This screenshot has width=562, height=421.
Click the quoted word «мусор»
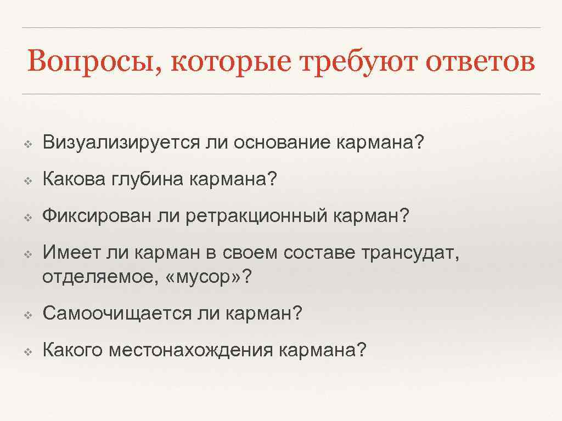click(203, 278)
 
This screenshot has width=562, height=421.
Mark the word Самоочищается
click(115, 314)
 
